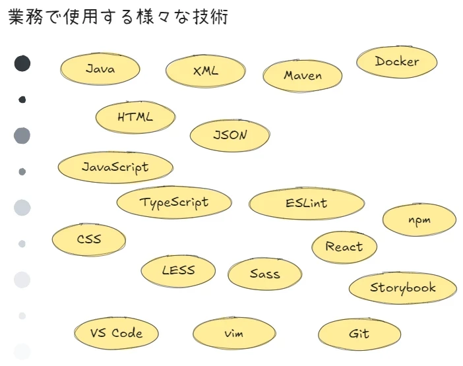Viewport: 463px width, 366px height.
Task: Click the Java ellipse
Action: (100, 69)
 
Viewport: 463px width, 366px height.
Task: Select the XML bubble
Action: (205, 71)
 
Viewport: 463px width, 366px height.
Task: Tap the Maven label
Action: (303, 75)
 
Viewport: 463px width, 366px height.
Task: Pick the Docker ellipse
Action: (396, 61)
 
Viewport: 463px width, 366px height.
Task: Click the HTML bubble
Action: (135, 117)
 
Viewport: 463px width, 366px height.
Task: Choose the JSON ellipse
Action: (230, 135)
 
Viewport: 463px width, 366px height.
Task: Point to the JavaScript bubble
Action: (115, 167)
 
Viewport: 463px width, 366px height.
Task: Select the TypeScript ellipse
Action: (174, 202)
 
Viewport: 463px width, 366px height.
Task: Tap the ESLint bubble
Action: (307, 203)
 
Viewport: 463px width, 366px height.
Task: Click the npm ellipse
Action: (419, 220)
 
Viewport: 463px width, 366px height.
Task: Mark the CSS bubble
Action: (88, 239)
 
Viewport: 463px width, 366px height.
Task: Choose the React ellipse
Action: (344, 247)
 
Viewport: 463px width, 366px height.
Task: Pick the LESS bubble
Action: (178, 270)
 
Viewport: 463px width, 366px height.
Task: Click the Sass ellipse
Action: (264, 274)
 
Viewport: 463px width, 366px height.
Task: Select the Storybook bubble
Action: (402, 288)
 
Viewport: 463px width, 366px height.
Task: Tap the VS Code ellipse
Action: (117, 333)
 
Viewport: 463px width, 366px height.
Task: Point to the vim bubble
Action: (233, 334)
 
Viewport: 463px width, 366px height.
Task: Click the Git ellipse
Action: (359, 334)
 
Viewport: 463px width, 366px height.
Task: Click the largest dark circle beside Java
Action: (22, 63)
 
